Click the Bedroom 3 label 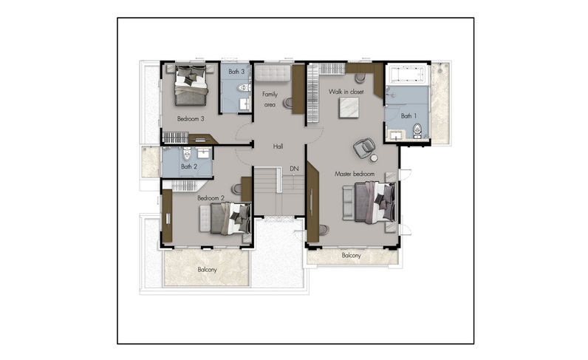click(x=191, y=119)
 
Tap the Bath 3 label click(x=236, y=71)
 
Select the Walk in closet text click(x=346, y=92)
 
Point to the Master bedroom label click(x=355, y=174)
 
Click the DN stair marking click(x=295, y=169)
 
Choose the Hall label click(x=278, y=146)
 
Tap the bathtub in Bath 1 click(x=408, y=75)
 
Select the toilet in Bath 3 click(x=244, y=88)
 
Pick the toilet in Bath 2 click(x=187, y=153)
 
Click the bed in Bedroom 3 click(x=191, y=86)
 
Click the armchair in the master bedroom click(x=363, y=148)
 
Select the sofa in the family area click(x=273, y=73)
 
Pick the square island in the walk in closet click(x=349, y=108)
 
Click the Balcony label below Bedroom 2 click(x=207, y=270)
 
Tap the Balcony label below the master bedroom click(x=351, y=256)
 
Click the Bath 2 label click(x=189, y=166)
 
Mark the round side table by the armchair click(x=374, y=158)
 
